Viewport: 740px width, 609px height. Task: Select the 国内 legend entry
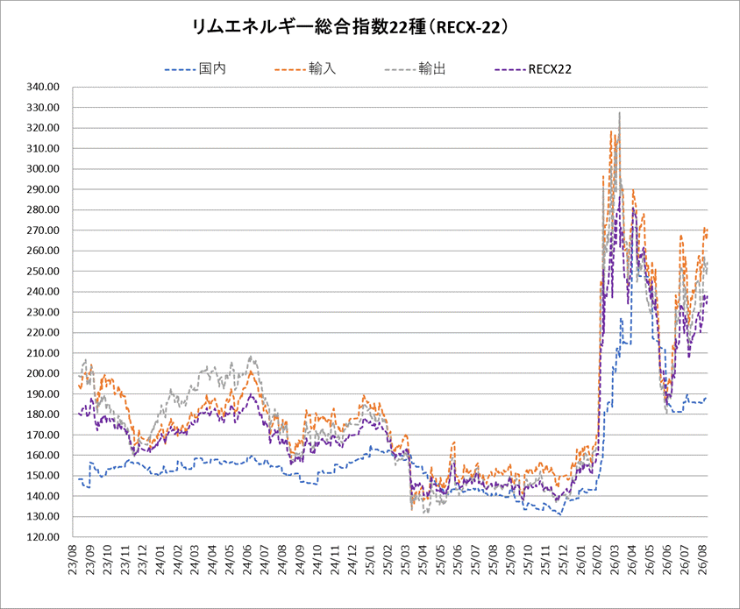click(196, 69)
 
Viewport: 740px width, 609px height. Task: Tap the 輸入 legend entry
click(305, 69)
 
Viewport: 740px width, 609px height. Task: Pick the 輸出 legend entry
click(415, 69)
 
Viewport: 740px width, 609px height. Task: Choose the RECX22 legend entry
click(533, 69)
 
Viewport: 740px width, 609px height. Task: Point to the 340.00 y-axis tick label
click(43, 87)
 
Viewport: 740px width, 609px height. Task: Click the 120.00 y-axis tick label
click(43, 537)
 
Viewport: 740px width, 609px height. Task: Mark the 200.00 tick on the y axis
click(43, 373)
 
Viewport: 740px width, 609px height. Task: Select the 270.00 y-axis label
click(43, 230)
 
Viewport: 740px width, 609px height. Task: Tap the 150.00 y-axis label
click(43, 476)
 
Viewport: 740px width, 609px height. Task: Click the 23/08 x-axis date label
click(73, 559)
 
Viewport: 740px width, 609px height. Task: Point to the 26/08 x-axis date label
click(701, 559)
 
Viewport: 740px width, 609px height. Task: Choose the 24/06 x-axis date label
click(248, 559)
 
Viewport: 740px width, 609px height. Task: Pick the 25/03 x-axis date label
click(405, 559)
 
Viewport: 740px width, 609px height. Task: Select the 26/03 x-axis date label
click(615, 559)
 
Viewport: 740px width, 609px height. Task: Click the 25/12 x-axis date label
click(562, 559)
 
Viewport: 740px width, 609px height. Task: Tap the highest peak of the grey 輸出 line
click(620, 112)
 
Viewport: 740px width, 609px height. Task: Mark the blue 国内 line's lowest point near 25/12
click(560, 514)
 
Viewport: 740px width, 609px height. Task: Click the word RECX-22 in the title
click(468, 27)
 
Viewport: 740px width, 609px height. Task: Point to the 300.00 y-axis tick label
click(43, 169)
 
